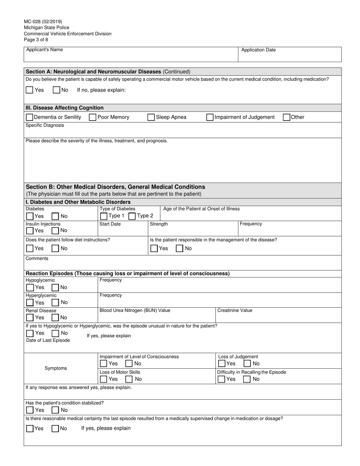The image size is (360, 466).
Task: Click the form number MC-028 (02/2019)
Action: point(43,22)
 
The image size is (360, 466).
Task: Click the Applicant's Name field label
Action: point(44,50)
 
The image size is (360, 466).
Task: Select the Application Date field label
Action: point(258,50)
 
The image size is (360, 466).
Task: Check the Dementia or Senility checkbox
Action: point(30,117)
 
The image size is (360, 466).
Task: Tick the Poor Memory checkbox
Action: point(92,117)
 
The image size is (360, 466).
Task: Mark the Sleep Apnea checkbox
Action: point(151,117)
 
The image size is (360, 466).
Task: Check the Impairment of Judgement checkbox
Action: point(210,117)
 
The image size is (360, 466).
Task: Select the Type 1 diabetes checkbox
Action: point(103,216)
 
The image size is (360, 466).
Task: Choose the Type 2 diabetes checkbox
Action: point(132,216)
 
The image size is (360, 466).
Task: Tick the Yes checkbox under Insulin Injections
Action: point(30,231)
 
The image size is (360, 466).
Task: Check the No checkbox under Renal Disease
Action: point(55,317)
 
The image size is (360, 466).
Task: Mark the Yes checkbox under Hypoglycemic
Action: point(30,288)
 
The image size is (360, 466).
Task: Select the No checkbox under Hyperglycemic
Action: point(55,302)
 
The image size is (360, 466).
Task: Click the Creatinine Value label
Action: point(235,310)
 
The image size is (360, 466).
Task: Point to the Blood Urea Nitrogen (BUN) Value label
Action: point(135,310)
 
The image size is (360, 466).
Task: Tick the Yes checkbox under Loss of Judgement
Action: point(222,364)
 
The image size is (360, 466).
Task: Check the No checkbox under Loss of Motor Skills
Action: point(129,379)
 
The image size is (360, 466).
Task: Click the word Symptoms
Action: point(56,368)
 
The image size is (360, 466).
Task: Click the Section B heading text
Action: point(115,187)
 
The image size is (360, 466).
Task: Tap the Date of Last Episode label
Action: point(48,340)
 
